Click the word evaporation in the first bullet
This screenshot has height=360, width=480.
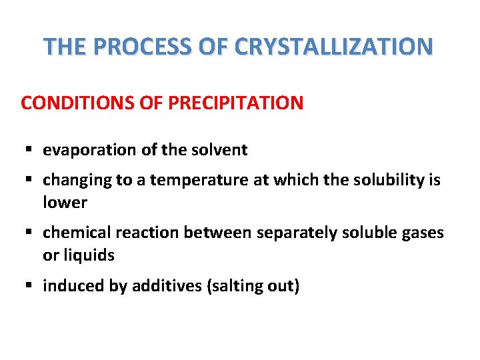90,151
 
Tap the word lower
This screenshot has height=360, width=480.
65,202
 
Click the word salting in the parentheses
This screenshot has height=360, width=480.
233,286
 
